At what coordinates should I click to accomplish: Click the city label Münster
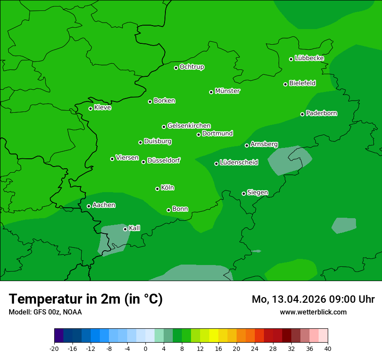227,91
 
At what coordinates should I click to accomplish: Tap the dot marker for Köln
157,189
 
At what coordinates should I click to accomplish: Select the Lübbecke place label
309,58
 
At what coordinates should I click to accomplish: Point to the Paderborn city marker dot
302,114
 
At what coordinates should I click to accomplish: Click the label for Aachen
104,205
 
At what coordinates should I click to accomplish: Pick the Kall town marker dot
125,229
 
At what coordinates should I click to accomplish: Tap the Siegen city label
257,193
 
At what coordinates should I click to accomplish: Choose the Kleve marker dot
90,108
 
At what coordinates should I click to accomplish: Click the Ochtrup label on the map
192,67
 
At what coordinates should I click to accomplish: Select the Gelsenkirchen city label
189,126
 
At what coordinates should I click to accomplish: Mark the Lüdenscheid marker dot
216,164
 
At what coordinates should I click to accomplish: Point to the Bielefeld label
302,83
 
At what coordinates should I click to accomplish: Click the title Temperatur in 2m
86,299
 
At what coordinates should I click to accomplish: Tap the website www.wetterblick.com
313,312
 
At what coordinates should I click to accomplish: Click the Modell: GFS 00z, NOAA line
45,312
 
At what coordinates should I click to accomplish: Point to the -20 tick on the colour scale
54,348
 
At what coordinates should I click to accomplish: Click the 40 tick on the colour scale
328,348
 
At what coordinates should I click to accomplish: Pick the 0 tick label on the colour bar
145,348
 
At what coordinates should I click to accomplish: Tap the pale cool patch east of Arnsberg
288,160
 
